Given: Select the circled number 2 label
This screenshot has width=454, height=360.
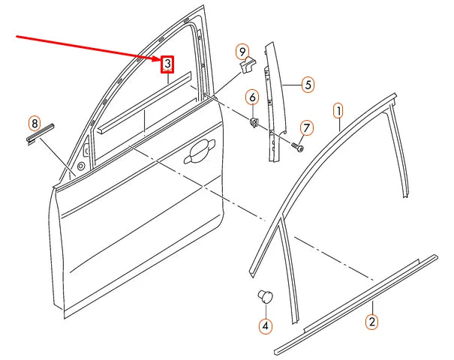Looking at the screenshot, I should pyautogui.click(x=371, y=322).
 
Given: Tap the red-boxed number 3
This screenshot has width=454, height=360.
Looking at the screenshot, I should pyautogui.click(x=168, y=64).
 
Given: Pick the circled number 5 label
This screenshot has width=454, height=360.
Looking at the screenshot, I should pyautogui.click(x=308, y=85).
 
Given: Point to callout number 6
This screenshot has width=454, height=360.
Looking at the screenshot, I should pyautogui.click(x=252, y=97).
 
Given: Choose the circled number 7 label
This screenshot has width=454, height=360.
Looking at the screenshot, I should pyautogui.click(x=306, y=128).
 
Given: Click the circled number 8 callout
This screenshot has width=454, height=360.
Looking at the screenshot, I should pyautogui.click(x=34, y=122).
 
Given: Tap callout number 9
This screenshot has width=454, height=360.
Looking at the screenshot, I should pyautogui.click(x=242, y=51).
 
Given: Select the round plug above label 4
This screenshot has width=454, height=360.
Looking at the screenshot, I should pyautogui.click(x=265, y=295).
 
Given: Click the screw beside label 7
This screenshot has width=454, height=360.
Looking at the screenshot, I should pyautogui.click(x=297, y=148).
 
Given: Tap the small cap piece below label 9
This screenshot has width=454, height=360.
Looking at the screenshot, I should pyautogui.click(x=245, y=67).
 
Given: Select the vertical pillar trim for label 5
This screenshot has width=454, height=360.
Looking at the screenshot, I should pyautogui.click(x=272, y=105).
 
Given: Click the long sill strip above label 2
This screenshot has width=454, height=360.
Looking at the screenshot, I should pyautogui.click(x=356, y=304).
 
